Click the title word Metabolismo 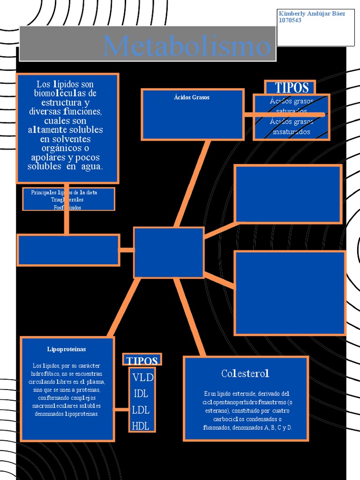click(187, 46)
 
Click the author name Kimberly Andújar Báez click(312, 14)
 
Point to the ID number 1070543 click(290, 21)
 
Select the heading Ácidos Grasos click(192, 97)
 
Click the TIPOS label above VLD click(142, 360)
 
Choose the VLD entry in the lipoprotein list click(142, 377)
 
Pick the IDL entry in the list click(141, 393)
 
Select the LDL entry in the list click(141, 410)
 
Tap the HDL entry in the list click(141, 426)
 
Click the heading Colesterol click(245, 374)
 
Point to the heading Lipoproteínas click(67, 349)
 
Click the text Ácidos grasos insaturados click(292, 127)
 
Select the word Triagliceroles click(67, 200)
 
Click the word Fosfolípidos click(67, 207)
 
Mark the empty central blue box click(169, 252)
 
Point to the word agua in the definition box click(91, 166)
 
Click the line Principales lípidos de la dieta click(64, 193)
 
